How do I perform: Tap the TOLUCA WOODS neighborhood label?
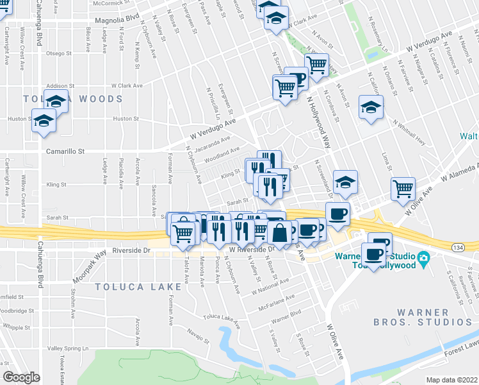click(72, 99)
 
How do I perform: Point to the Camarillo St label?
click(66, 151)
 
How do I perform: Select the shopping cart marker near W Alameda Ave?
click(403, 188)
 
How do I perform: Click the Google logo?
click(21, 377)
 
